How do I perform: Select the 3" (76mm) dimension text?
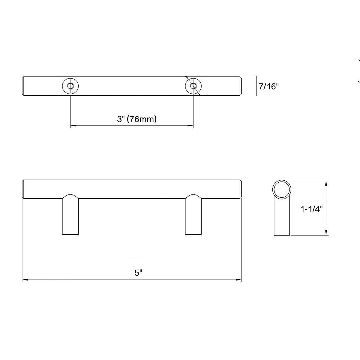click(x=137, y=119)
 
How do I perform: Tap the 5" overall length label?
click(x=138, y=273)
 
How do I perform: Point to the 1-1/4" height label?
click(x=312, y=209)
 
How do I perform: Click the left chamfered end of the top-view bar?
click(x=24, y=86)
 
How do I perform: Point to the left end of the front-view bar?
click(x=24, y=189)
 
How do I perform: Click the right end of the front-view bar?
click(x=240, y=189)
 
